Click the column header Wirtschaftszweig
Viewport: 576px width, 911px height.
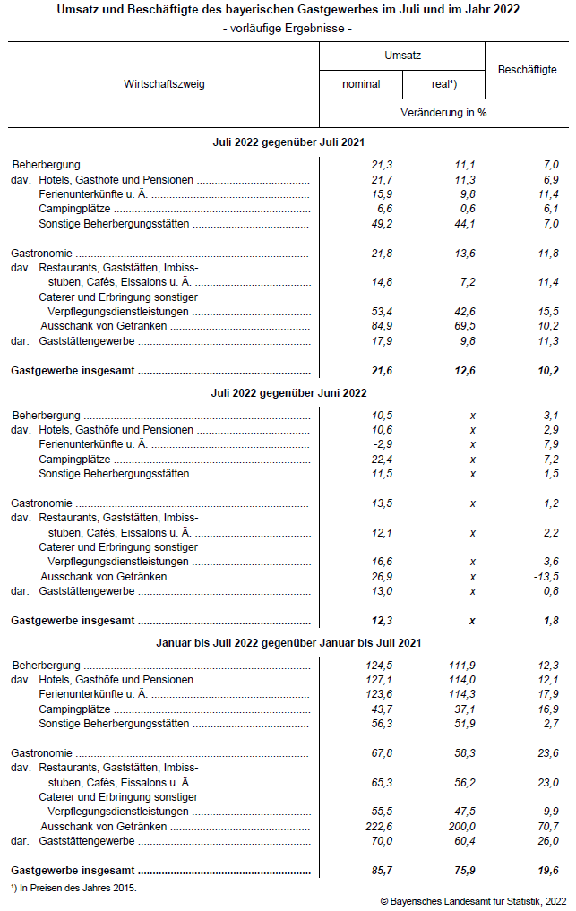tap(165, 84)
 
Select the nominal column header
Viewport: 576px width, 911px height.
tap(361, 84)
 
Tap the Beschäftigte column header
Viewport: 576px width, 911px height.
tap(527, 70)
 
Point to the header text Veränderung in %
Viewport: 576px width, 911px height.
tap(444, 113)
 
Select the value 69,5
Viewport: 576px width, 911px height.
tap(464, 326)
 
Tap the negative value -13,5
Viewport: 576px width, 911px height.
tap(545, 576)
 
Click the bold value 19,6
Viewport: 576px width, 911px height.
tap(546, 870)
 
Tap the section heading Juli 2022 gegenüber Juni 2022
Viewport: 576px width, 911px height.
tap(288, 392)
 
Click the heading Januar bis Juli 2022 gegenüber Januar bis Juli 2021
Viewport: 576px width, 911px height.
tap(288, 642)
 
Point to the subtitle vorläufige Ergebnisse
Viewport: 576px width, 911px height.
tap(288, 29)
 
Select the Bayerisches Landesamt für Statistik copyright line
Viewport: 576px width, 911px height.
tap(473, 900)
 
